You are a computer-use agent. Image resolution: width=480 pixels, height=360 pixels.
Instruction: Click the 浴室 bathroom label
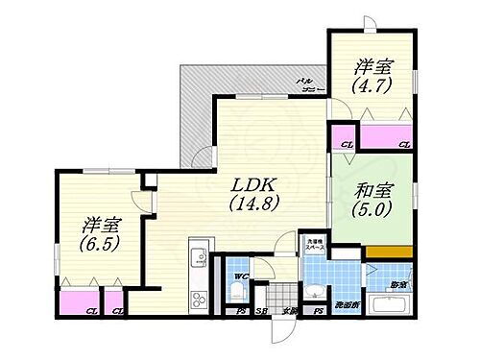pos(397,285)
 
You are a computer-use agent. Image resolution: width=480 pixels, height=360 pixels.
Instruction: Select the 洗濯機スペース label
pos(314,246)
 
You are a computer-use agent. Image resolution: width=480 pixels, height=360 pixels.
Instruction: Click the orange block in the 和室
pos(390,252)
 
